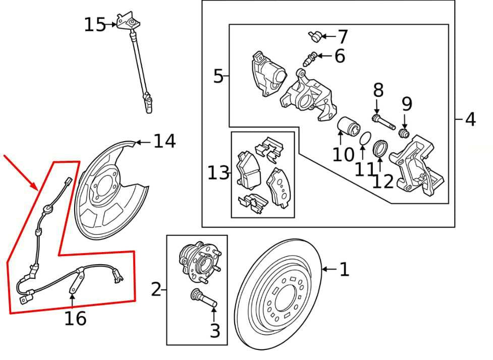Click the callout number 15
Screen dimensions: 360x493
click(94, 24)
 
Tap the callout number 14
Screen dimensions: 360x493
click(165, 142)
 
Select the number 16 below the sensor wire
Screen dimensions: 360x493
click(75, 319)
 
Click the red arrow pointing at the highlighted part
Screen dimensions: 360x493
click(20, 171)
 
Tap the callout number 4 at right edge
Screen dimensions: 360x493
click(470, 119)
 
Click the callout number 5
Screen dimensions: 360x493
click(218, 77)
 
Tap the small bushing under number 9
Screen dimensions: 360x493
click(403, 133)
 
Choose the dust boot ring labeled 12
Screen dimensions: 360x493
click(379, 149)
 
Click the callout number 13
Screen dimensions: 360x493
click(218, 173)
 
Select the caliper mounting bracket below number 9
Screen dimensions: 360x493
click(419, 166)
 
